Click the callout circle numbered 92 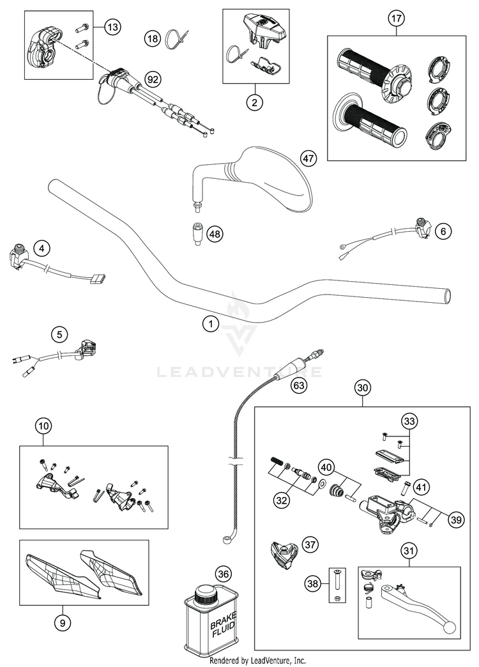[153, 79]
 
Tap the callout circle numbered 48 [215, 234]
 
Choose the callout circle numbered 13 [112, 27]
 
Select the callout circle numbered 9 [61, 624]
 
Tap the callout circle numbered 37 [310, 544]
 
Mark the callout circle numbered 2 [254, 102]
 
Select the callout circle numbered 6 [443, 233]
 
